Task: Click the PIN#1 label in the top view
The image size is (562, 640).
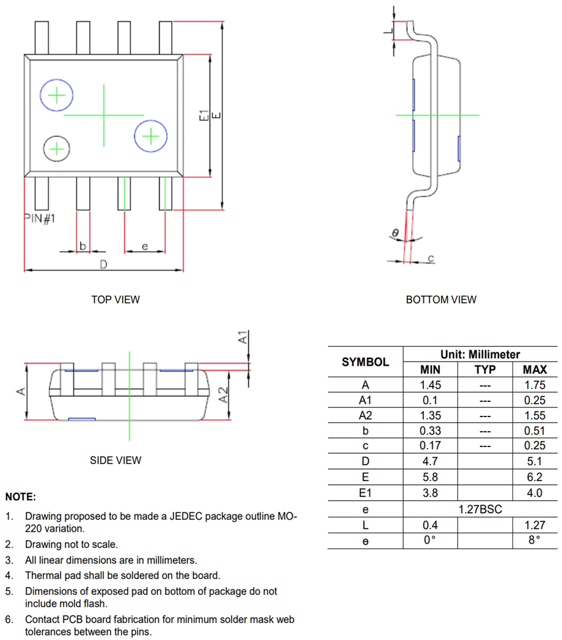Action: pyautogui.click(x=40, y=218)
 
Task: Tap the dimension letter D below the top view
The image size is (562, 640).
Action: pyautogui.click(x=104, y=264)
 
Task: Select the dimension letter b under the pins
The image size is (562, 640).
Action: pyautogui.click(x=82, y=245)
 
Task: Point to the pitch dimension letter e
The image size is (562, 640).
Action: pyautogui.click(x=144, y=245)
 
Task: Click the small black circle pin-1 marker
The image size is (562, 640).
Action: pyautogui.click(x=56, y=148)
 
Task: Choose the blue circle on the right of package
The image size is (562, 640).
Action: pyautogui.click(x=150, y=136)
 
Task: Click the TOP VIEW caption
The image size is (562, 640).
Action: pyautogui.click(x=115, y=300)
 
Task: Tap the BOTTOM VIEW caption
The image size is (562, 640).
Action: pyautogui.click(x=441, y=300)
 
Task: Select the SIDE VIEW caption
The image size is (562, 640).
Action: pyautogui.click(x=115, y=460)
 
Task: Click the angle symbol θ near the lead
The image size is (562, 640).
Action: pyautogui.click(x=395, y=233)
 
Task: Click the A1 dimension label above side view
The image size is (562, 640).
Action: pyautogui.click(x=243, y=336)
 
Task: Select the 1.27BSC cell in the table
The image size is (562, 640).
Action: pyautogui.click(x=480, y=509)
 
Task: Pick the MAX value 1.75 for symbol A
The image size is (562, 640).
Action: pyautogui.click(x=535, y=385)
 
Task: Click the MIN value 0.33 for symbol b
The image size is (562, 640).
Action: pyautogui.click(x=430, y=431)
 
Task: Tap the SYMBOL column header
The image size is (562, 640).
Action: pyautogui.click(x=365, y=362)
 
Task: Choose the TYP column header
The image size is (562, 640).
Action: pyautogui.click(x=485, y=369)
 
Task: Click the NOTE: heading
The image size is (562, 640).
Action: pyautogui.click(x=21, y=497)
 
